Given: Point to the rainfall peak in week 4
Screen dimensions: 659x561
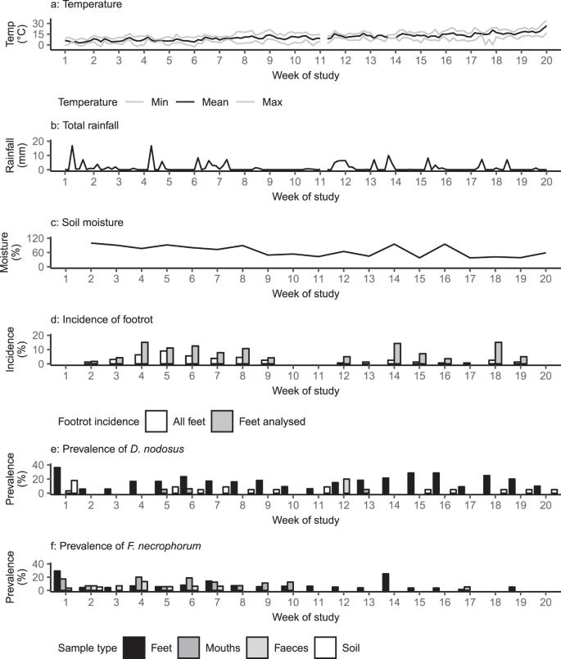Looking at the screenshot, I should click(152, 147).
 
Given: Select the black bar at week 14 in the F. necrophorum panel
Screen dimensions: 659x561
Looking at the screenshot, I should click(385, 581).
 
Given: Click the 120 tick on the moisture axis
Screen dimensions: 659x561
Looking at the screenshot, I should click(38, 237).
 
